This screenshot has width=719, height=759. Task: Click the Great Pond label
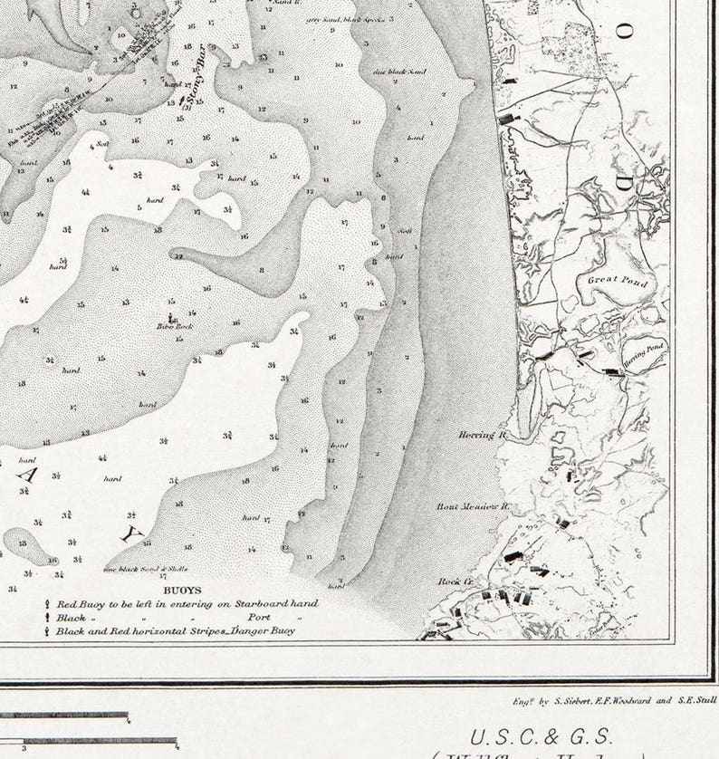tap(618, 281)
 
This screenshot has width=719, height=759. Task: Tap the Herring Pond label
tap(643, 350)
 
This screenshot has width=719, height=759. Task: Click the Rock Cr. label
tap(456, 581)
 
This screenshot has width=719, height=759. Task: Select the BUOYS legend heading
tap(182, 590)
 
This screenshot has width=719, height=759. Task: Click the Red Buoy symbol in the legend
tap(47, 603)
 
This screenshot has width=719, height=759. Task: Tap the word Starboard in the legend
tap(242, 603)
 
